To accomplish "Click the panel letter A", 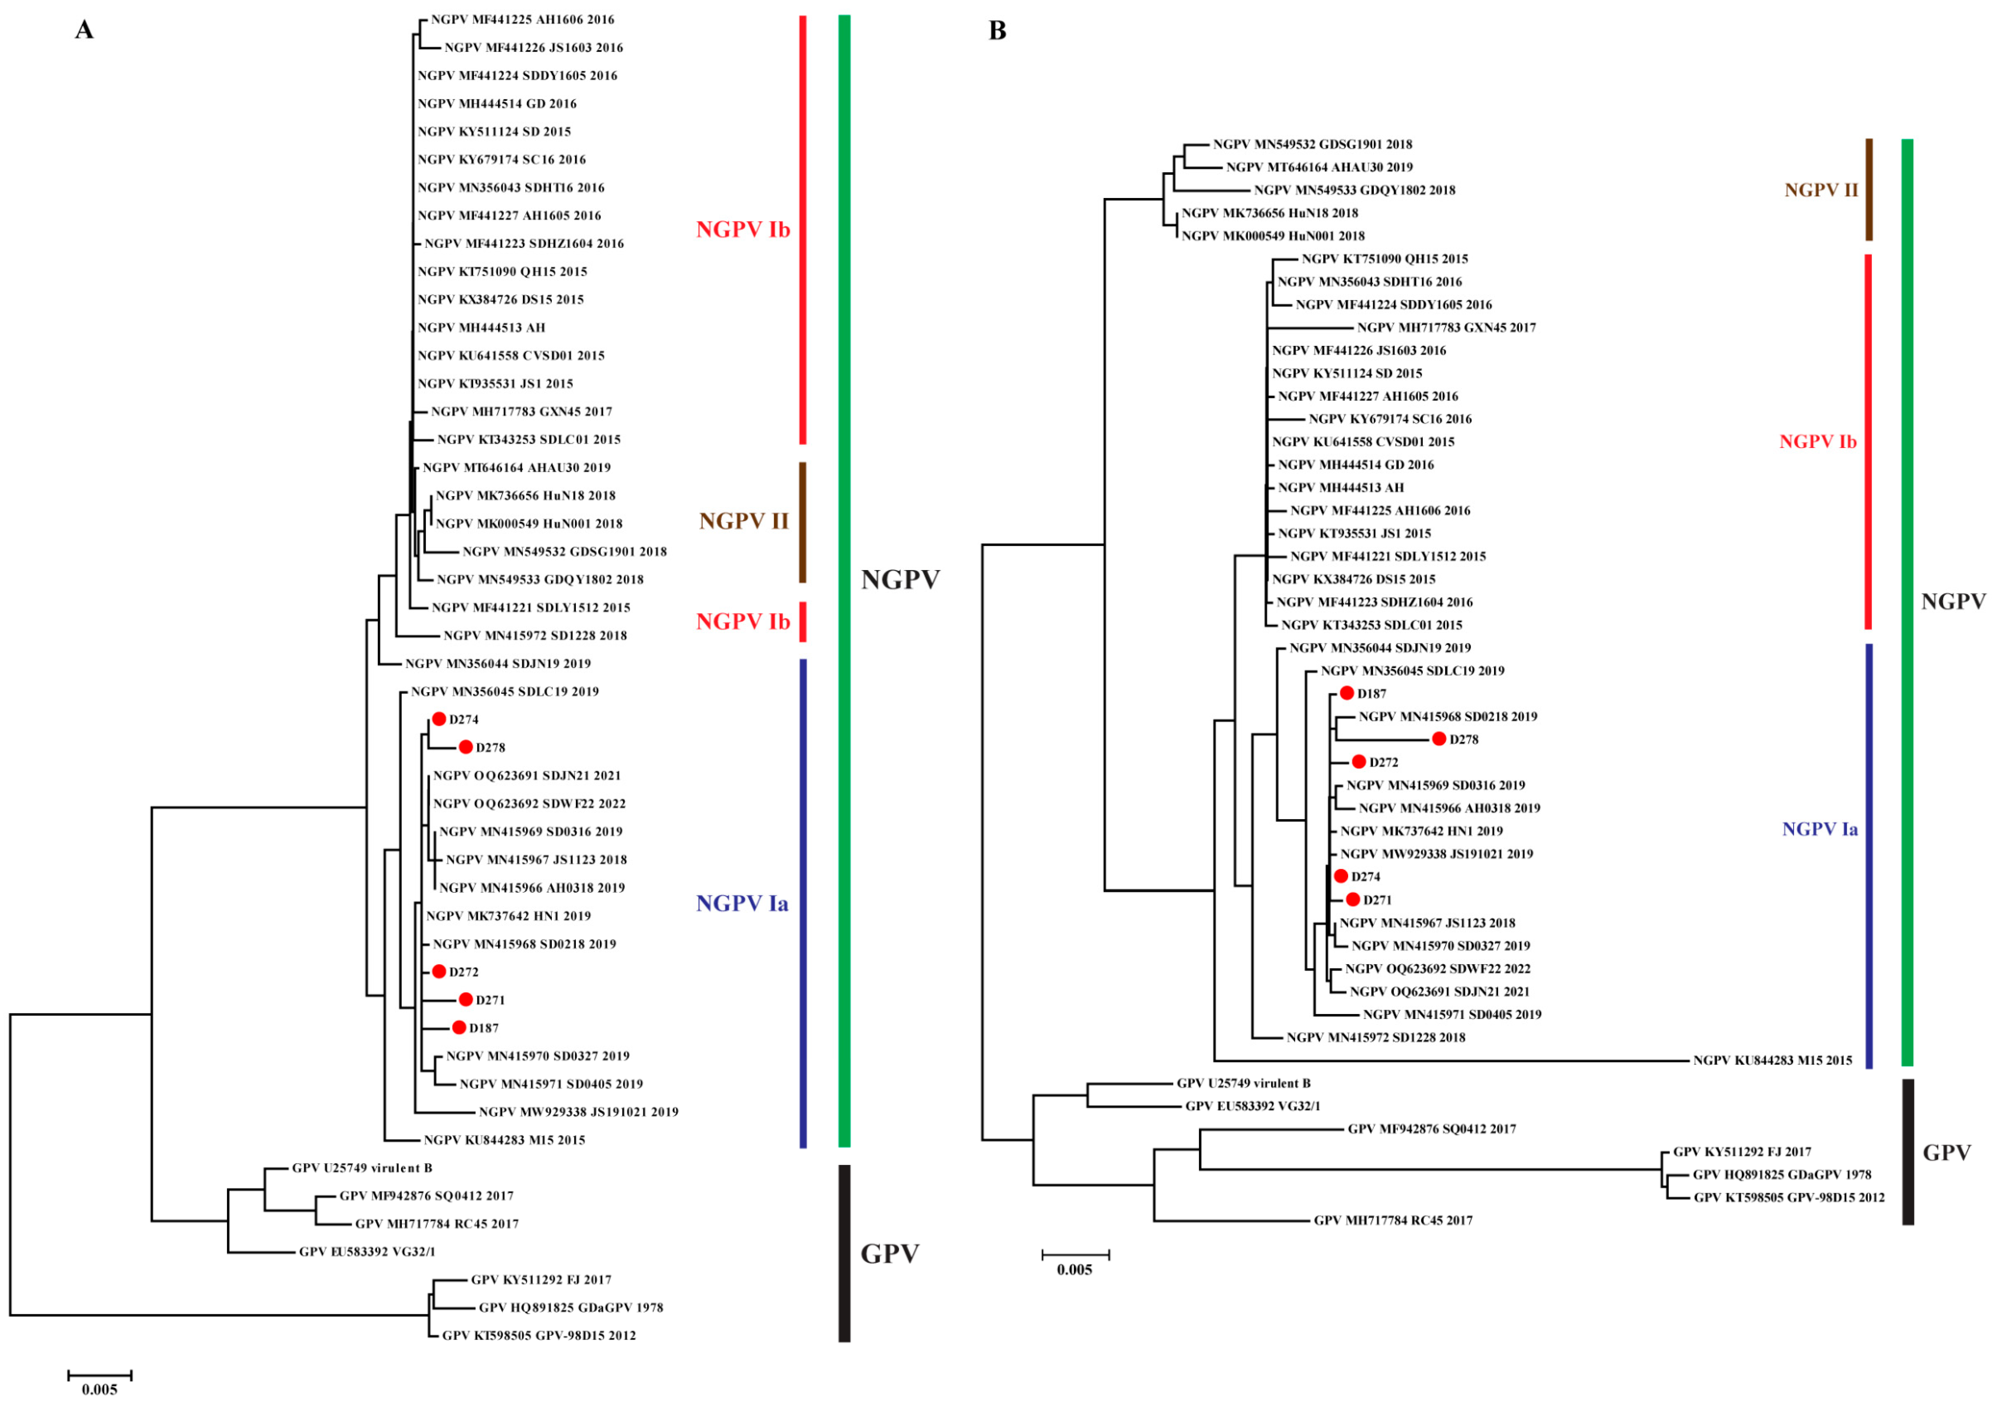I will tap(84, 30).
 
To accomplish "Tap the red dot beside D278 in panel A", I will tap(466, 747).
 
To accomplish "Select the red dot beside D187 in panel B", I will tap(1346, 693).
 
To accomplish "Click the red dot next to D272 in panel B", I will tap(1358, 762).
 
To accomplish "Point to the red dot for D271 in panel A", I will tap(466, 999).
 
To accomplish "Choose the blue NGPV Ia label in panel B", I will tap(1819, 829).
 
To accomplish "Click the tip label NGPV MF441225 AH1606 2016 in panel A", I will tap(522, 19).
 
